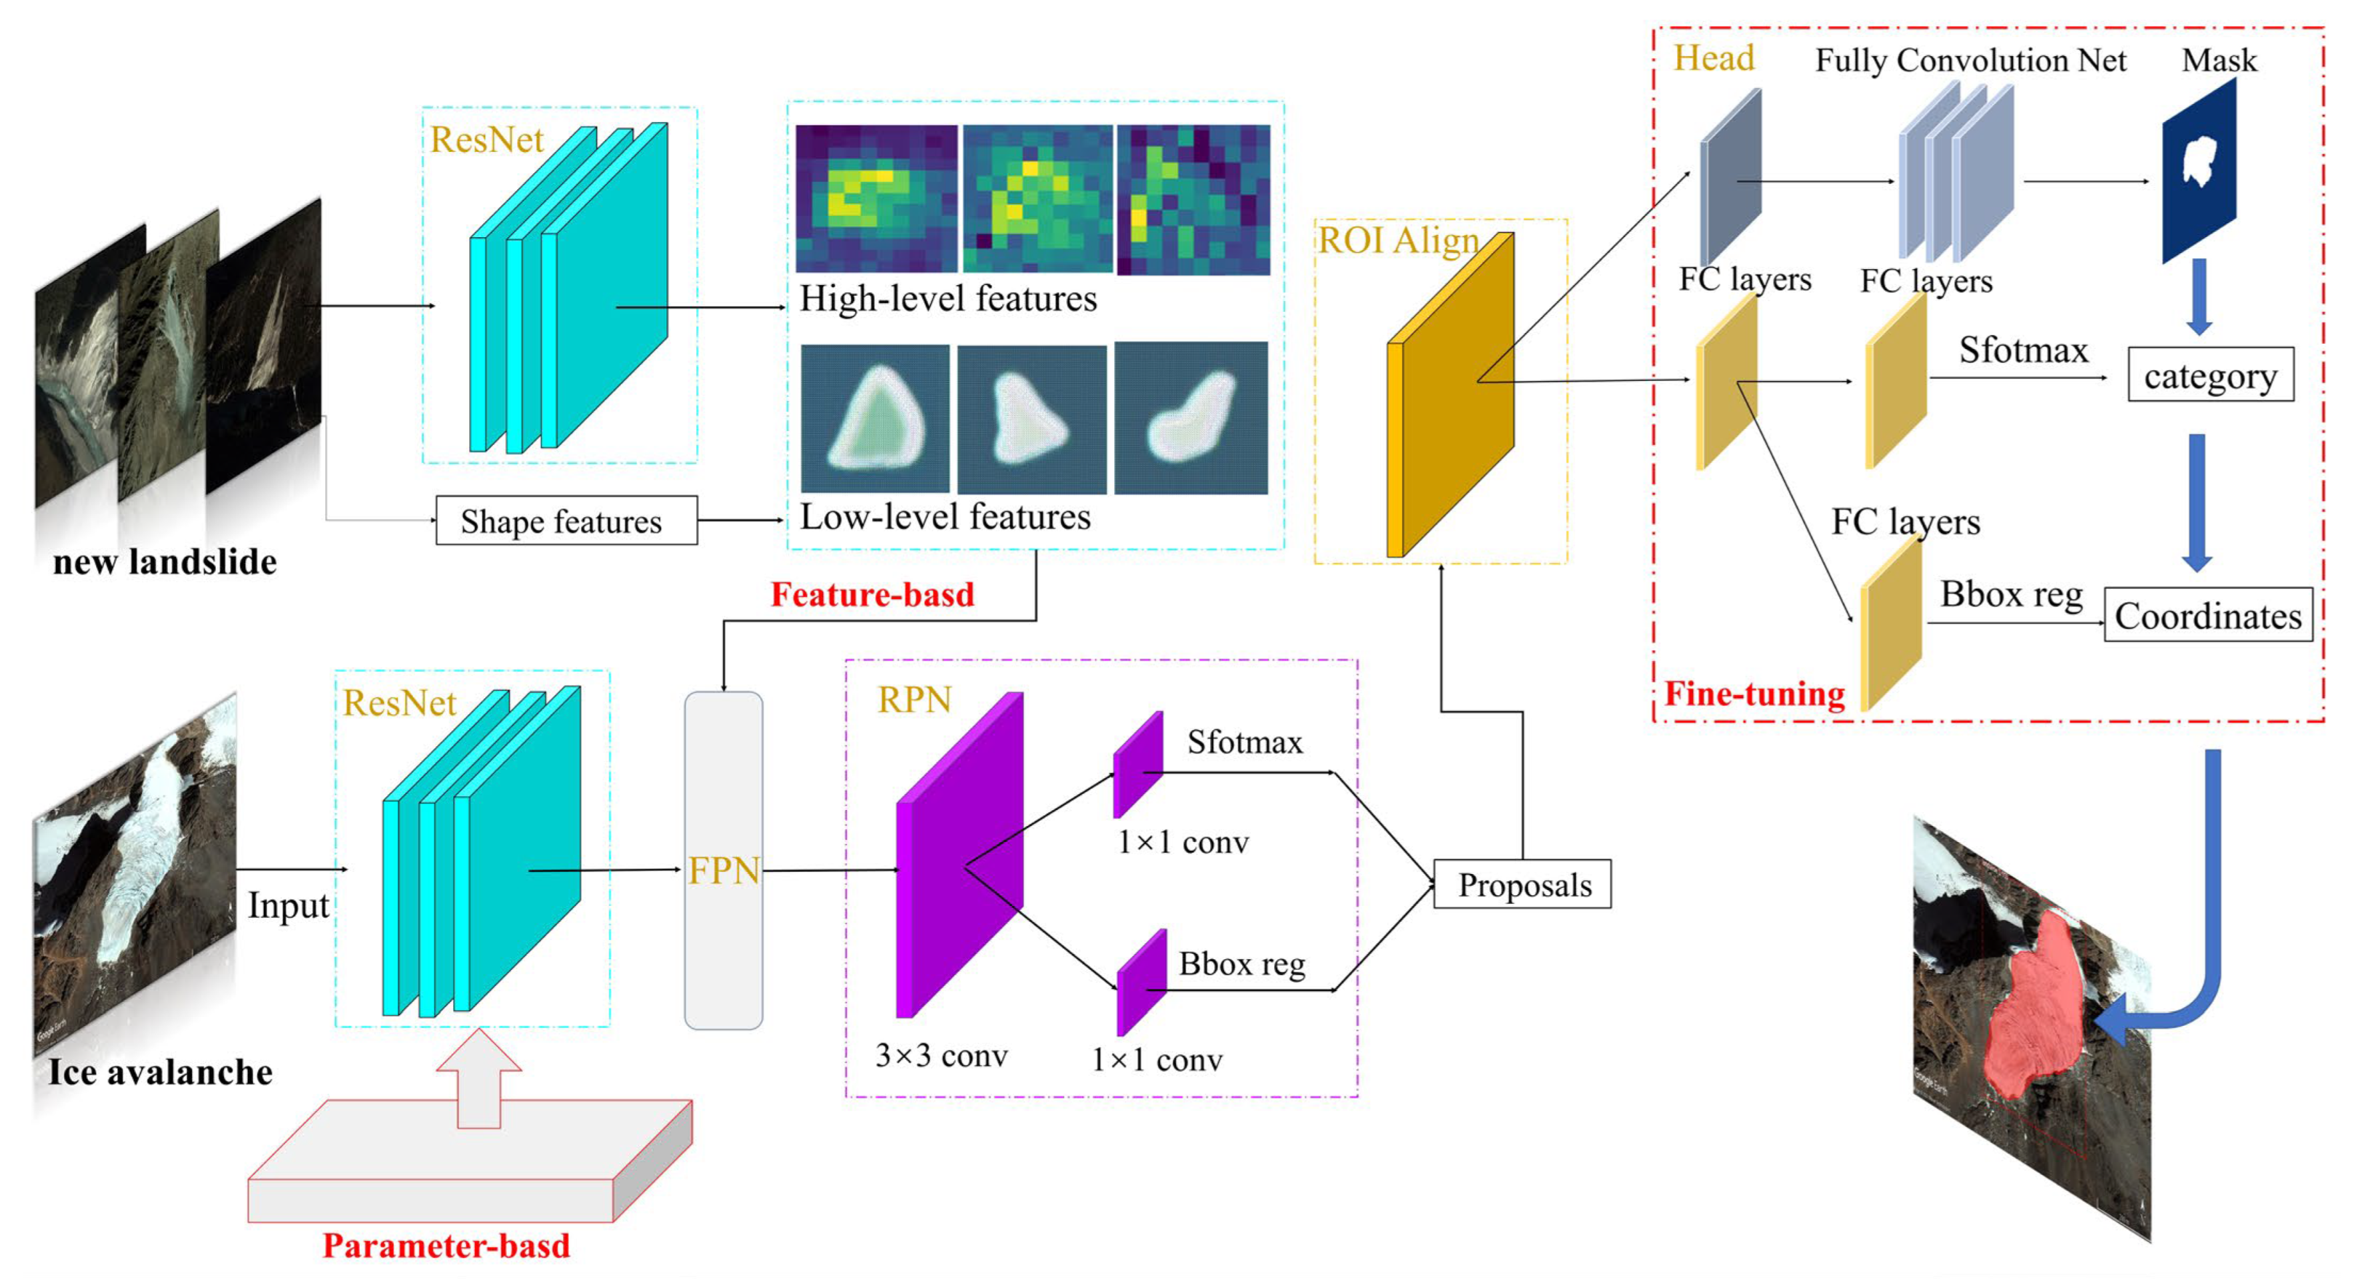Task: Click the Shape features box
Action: (566, 521)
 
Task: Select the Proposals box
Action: (1522, 885)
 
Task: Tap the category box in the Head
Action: (2209, 374)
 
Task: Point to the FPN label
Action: (723, 871)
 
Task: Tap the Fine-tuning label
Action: (1754, 693)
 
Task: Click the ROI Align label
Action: (1397, 241)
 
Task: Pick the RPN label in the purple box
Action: (914, 700)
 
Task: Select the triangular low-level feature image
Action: (875, 418)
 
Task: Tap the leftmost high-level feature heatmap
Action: (876, 199)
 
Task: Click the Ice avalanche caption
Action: (160, 1072)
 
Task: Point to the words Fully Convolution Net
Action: (1970, 61)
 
